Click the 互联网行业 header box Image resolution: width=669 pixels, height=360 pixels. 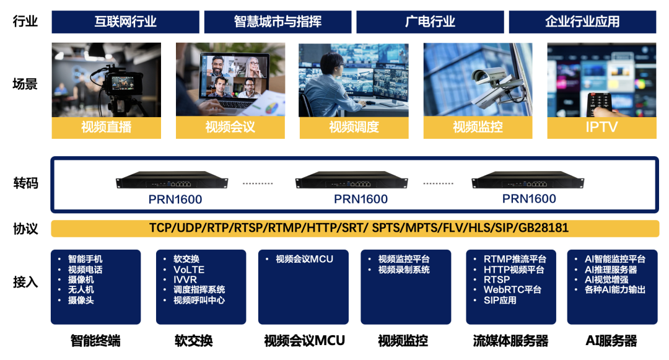[126, 22]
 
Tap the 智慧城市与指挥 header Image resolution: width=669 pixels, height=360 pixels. [278, 22]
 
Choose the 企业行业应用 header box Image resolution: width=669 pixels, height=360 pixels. [582, 22]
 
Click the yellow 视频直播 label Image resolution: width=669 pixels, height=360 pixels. [106, 128]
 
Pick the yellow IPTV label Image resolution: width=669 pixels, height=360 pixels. [601, 128]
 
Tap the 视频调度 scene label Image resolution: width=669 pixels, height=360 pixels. [354, 128]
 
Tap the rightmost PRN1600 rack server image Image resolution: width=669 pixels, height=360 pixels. [528, 182]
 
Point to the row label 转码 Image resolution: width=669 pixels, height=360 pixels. [25, 183]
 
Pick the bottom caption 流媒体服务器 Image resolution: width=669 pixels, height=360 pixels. [510, 341]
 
